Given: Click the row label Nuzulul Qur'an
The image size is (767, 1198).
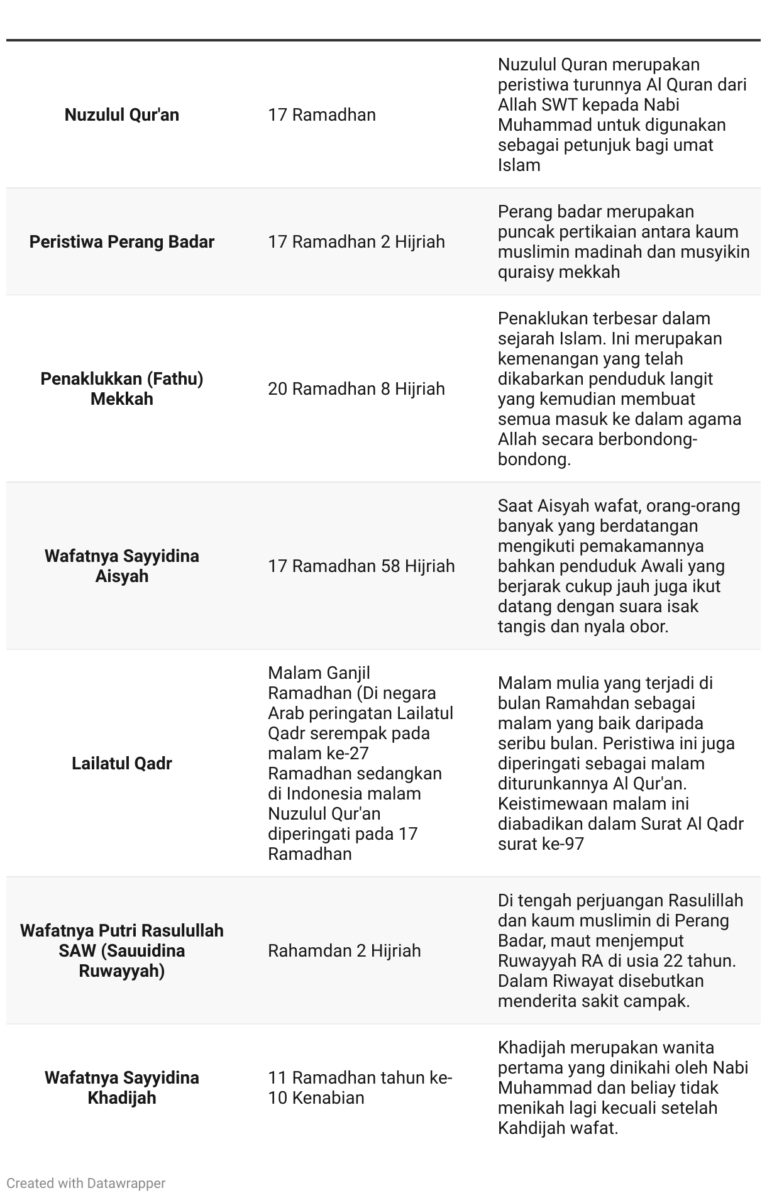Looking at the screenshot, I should coord(121,115).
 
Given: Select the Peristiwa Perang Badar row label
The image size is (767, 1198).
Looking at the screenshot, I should coord(121,242).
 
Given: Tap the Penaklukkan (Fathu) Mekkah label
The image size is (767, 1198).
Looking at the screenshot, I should coord(121,389).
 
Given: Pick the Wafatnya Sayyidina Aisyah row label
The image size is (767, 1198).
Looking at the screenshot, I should coord(121,566).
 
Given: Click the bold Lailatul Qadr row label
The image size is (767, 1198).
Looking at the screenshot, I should coord(121,764).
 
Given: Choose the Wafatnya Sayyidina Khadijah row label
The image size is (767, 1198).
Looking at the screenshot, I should coord(121,1088).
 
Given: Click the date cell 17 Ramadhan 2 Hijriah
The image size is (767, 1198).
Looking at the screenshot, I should coord(356,242).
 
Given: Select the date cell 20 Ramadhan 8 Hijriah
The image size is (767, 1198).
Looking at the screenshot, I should coord(356,389).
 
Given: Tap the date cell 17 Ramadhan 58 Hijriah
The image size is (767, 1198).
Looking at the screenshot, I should coord(361,566).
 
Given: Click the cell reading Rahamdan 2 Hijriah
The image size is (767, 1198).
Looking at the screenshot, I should coord(344,951).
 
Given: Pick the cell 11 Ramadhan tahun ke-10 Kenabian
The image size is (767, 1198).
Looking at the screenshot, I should coord(360,1088).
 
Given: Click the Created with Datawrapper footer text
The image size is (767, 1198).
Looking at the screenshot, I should coord(86,1184).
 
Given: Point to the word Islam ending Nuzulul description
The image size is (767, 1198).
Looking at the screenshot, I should coord(519,165).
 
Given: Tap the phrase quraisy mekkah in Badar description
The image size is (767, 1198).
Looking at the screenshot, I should coord(558,272).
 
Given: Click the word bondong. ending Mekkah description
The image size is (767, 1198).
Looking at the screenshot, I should coord(534,459).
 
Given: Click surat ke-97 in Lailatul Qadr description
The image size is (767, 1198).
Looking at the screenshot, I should coord(541,844).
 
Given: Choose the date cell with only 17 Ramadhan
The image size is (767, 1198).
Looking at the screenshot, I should coord(321,115).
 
